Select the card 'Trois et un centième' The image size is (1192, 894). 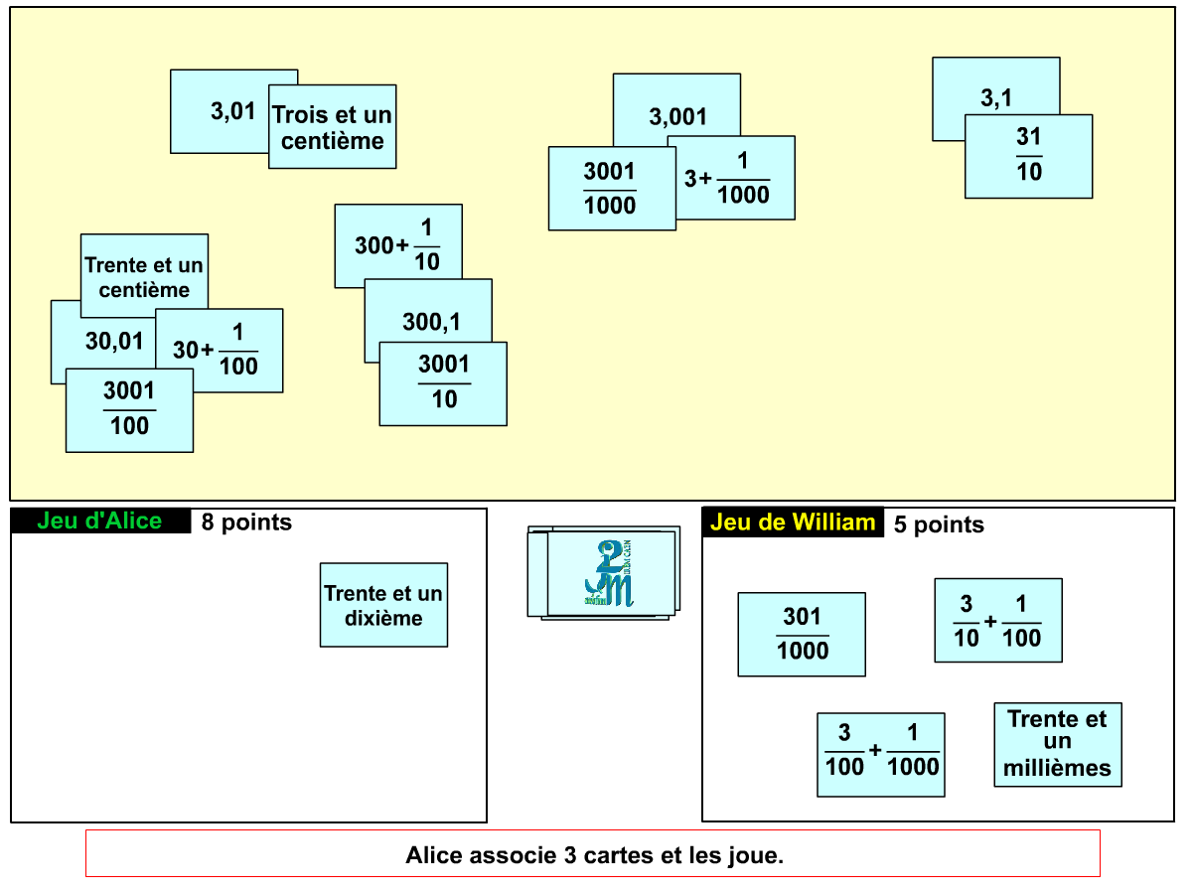(333, 127)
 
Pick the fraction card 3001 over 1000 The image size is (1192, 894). (610, 189)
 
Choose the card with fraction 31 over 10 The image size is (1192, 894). (1029, 157)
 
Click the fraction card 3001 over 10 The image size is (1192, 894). (443, 383)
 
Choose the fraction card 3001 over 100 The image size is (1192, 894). (129, 410)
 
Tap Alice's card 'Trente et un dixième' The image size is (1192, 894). (383, 605)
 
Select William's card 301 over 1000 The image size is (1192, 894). (802, 635)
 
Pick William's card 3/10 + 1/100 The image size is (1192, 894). (998, 620)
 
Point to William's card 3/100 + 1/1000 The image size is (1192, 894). (881, 755)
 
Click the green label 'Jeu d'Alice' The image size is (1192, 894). (99, 521)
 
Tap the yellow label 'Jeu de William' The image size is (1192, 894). (793, 522)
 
